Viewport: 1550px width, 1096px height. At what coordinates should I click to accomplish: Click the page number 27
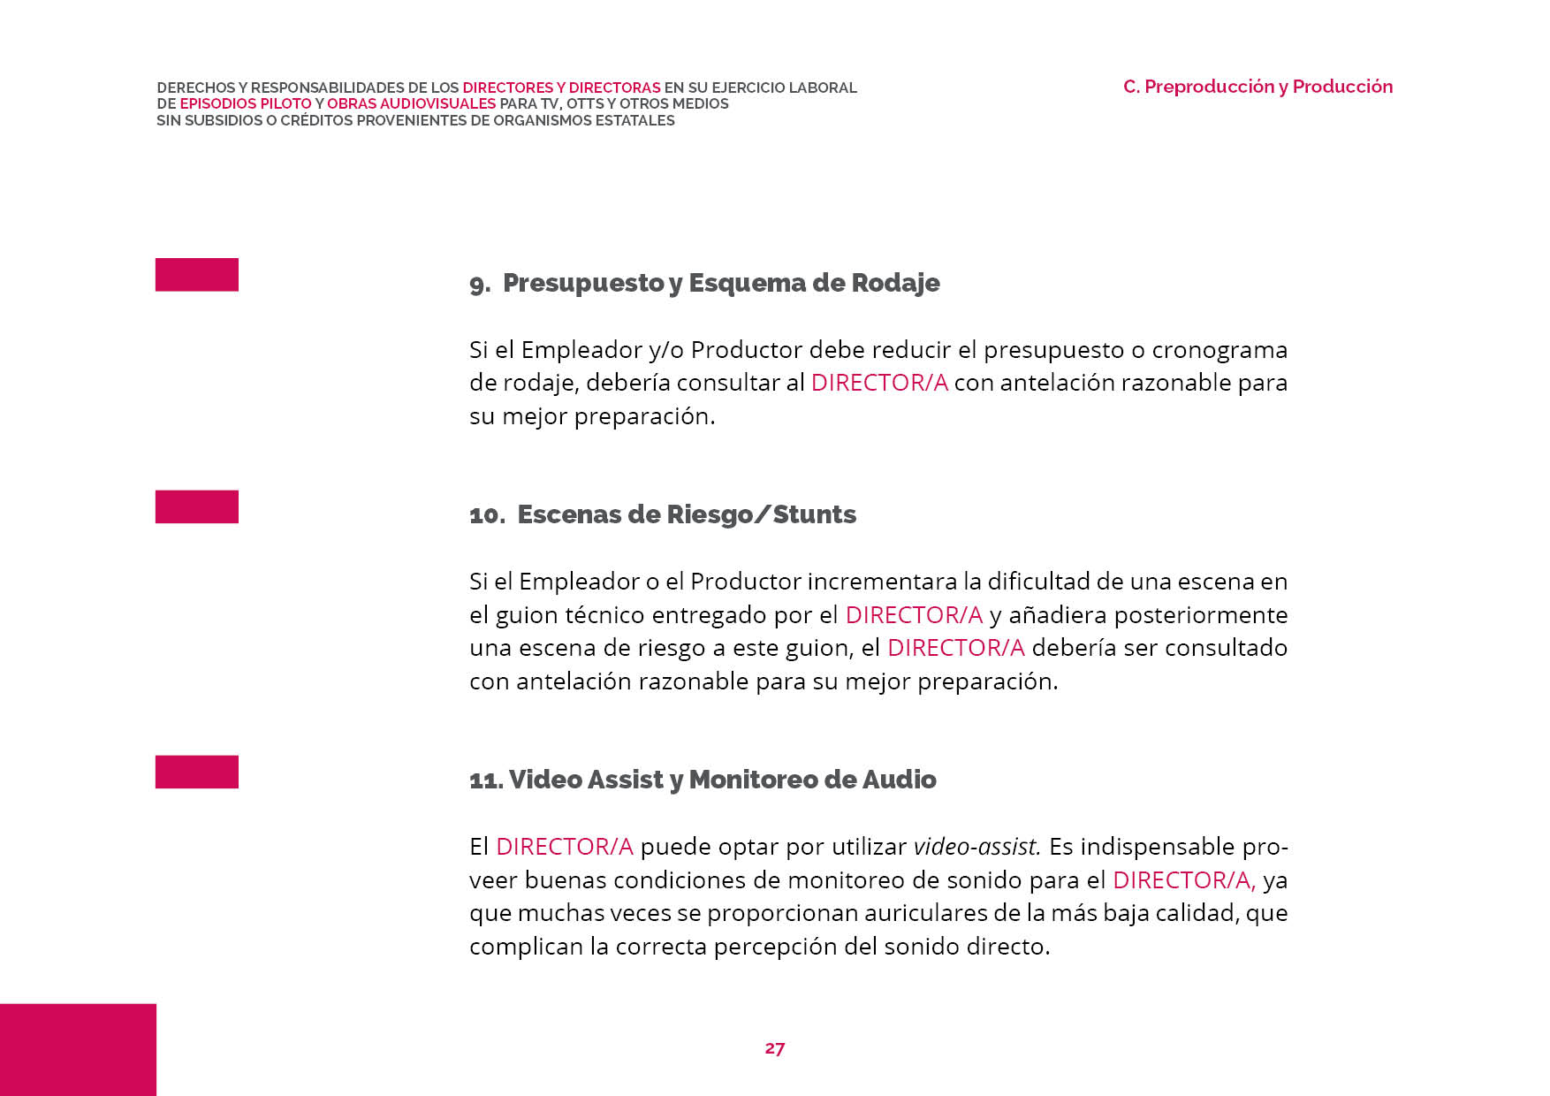click(x=774, y=1048)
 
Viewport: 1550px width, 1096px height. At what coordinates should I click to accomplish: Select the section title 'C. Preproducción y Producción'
click(x=1257, y=87)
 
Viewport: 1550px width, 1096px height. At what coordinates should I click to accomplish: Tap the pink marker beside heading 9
click(x=197, y=275)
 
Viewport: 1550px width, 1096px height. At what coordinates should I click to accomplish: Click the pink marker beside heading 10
click(x=197, y=506)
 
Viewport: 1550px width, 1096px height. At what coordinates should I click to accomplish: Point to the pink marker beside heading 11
click(x=197, y=772)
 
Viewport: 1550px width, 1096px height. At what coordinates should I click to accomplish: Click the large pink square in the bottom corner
click(x=78, y=1049)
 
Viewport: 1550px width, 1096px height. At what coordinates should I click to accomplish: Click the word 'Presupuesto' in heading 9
click(x=583, y=283)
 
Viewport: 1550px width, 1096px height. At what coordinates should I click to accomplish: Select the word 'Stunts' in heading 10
click(x=814, y=514)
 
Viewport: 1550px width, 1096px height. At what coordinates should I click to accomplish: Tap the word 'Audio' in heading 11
click(x=899, y=780)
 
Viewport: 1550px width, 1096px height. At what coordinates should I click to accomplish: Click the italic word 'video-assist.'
click(x=976, y=847)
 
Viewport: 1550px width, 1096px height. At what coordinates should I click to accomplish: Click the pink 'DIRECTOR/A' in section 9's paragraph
click(x=879, y=383)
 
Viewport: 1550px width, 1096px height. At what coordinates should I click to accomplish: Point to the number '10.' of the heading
click(x=487, y=515)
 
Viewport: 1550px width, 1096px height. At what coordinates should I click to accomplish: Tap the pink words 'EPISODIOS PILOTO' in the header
click(x=246, y=103)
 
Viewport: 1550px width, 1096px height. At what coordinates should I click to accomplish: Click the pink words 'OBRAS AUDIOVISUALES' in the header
click(x=412, y=103)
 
